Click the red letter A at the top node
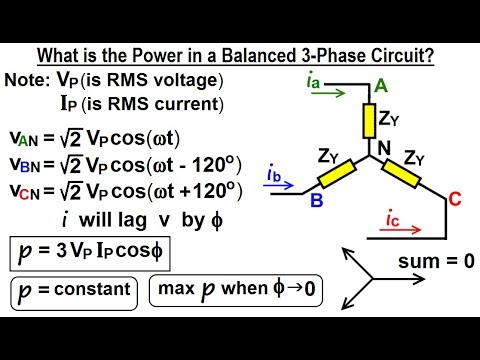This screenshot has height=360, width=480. pyautogui.click(x=379, y=88)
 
